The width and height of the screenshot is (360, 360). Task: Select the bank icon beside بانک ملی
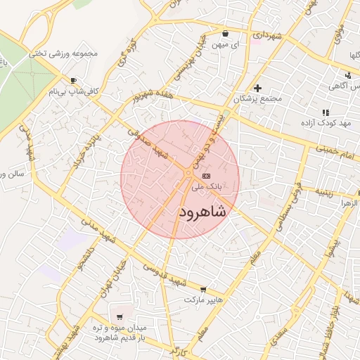point(205,176)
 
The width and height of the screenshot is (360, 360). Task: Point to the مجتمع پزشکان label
point(261,99)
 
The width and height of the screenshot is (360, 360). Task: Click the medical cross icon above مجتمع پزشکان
point(257,88)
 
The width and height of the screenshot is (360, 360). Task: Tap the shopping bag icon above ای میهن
point(225,33)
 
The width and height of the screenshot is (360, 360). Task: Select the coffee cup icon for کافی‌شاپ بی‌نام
point(74,81)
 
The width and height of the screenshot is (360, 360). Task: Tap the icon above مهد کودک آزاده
point(325,112)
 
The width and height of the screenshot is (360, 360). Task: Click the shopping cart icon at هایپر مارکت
point(203,289)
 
